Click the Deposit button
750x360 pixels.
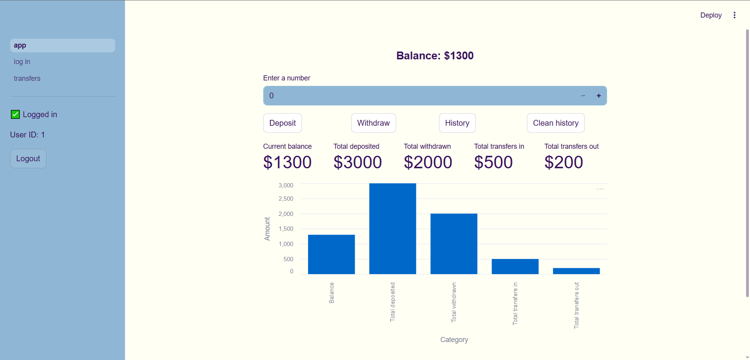[282, 123]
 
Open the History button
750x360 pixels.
[457, 123]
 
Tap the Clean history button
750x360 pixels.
[555, 123]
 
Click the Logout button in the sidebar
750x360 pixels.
[28, 159]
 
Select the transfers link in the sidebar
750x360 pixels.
[27, 78]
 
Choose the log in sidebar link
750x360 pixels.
[22, 62]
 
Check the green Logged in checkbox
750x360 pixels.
[15, 114]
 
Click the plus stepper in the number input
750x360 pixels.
[598, 96]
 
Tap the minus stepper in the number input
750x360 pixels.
[583, 96]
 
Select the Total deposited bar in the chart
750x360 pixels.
[393, 229]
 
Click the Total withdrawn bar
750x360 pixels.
[454, 244]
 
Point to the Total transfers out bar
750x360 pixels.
[576, 271]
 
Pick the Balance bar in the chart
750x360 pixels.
[331, 254]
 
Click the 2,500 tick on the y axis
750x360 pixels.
[286, 199]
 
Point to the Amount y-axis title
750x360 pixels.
[267, 229]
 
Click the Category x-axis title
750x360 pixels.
[454, 340]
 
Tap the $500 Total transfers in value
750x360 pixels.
[493, 162]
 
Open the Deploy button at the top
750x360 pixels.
[711, 15]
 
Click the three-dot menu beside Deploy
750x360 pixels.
[734, 15]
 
